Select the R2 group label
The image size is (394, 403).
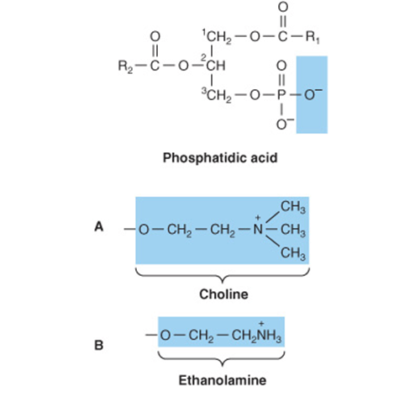(x=125, y=66)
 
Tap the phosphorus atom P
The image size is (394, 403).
(x=281, y=95)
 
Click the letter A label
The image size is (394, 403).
(x=99, y=226)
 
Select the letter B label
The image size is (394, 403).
(x=98, y=345)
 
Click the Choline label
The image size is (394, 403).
(x=223, y=294)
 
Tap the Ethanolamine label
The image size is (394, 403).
(x=223, y=380)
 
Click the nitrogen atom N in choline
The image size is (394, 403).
(x=258, y=230)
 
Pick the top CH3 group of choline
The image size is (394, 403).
(x=293, y=208)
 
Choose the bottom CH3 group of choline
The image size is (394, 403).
(x=293, y=254)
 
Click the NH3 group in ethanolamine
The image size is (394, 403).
(x=269, y=336)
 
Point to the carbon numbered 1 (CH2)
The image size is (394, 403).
(x=218, y=37)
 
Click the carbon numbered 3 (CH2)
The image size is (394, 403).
(x=217, y=95)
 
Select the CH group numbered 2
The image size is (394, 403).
(x=216, y=66)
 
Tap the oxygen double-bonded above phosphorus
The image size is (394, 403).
(x=281, y=66)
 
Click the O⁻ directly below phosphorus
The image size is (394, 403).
(x=283, y=125)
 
